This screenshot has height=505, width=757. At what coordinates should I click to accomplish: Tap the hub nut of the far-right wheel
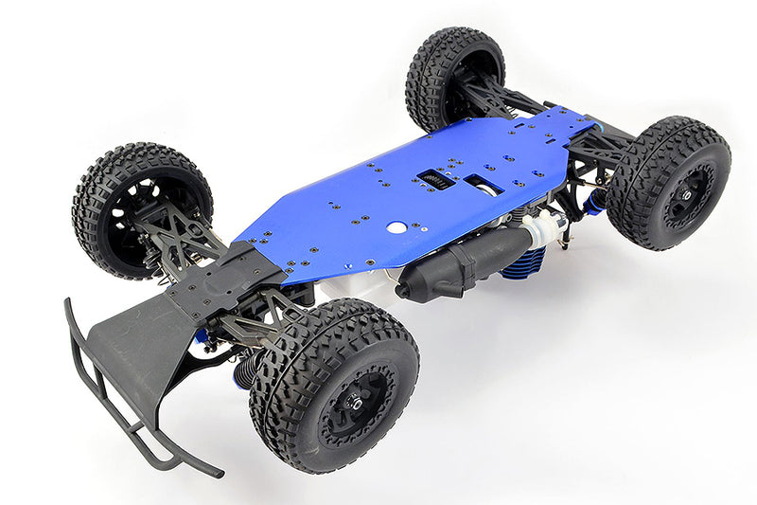(684, 194)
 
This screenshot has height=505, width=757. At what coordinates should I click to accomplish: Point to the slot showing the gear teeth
(435, 178)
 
